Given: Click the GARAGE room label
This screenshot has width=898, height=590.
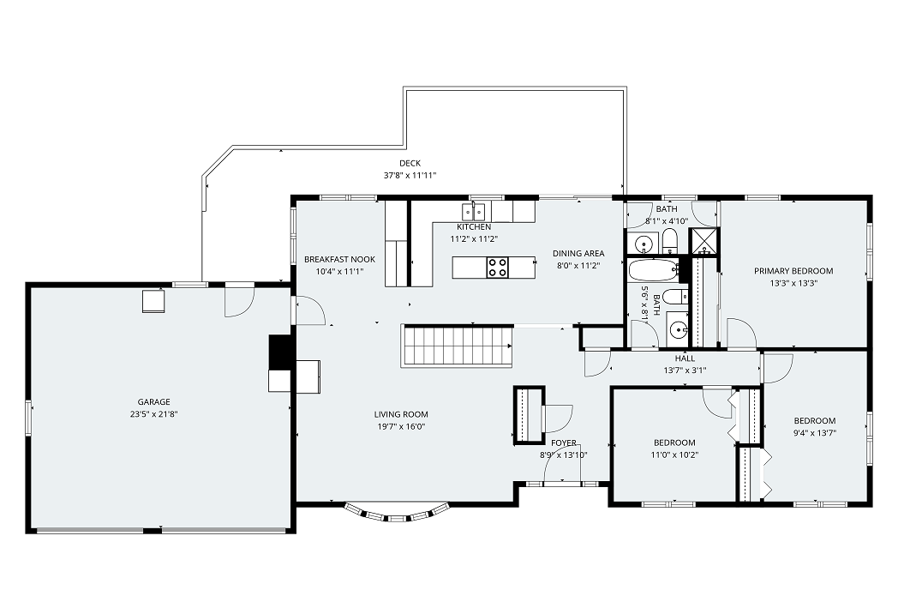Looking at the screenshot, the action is pos(153,402).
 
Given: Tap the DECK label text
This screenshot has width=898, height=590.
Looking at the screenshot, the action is pos(410,164).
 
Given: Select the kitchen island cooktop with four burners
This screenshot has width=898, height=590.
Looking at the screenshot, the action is pos(497,268).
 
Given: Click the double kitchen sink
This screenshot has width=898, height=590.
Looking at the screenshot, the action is pos(474,212).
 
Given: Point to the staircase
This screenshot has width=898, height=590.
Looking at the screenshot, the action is pos(457,346).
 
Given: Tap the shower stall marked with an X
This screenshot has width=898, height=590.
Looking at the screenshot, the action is pos(703,241).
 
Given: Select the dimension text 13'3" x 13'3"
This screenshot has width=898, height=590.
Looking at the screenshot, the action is pos(793,283).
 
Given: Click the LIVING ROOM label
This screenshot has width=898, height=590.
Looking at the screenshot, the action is pos(401,414).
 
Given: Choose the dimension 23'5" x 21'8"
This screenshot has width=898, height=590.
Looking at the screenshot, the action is pos(153,414).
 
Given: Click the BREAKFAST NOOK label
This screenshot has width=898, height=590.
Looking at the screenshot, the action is pos(339,259).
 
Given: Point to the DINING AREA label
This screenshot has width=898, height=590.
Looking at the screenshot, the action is pos(578,254).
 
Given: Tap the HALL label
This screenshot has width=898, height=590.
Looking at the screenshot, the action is pos(685,358).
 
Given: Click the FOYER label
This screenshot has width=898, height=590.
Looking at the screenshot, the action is pos(564,443).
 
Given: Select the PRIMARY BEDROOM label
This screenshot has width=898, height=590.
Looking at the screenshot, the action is pos(793,271).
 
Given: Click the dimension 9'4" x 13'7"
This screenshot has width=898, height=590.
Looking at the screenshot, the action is pos(814,433).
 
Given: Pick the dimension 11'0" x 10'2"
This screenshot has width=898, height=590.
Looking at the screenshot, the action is pos(674,455).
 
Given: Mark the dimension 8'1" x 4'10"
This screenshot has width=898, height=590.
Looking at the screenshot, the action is pos(667,221).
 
